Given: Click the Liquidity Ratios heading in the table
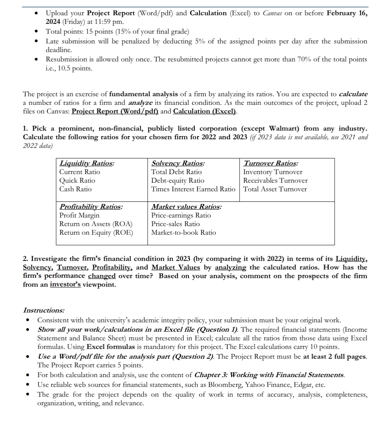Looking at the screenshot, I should (x=87, y=163).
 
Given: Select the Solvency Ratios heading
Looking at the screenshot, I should (x=178, y=163).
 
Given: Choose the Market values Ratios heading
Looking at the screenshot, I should (x=186, y=207).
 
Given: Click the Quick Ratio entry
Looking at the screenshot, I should (x=77, y=180).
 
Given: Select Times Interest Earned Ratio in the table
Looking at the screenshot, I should (x=193, y=189).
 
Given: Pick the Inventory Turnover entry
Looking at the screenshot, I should (x=272, y=172).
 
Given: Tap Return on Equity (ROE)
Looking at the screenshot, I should (x=96, y=232).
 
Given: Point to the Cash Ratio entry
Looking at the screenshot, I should (x=75, y=189).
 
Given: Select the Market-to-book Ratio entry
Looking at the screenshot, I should (x=183, y=232).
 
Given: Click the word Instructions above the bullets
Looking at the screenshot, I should (x=44, y=310).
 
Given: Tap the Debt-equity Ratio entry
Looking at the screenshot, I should (x=178, y=180).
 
